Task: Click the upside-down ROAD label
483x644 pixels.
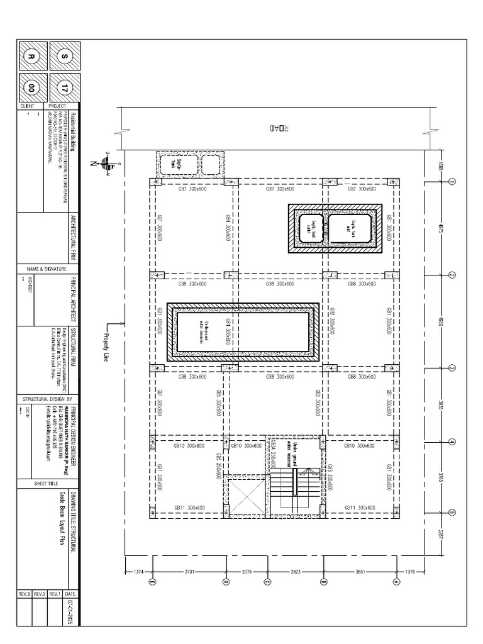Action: pyautogui.click(x=279, y=128)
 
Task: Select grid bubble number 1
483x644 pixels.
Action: pyautogui.click(x=452, y=182)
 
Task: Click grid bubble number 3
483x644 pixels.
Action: pyautogui.click(x=452, y=369)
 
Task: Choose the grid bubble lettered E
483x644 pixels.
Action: pyautogui.click(x=152, y=582)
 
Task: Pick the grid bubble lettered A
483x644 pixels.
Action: pyautogui.click(x=396, y=582)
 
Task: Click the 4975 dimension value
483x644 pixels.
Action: pyautogui.click(x=441, y=228)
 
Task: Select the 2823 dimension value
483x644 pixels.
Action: pyautogui.click(x=295, y=572)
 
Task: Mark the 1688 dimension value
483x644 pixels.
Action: pyautogui.click(x=441, y=167)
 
